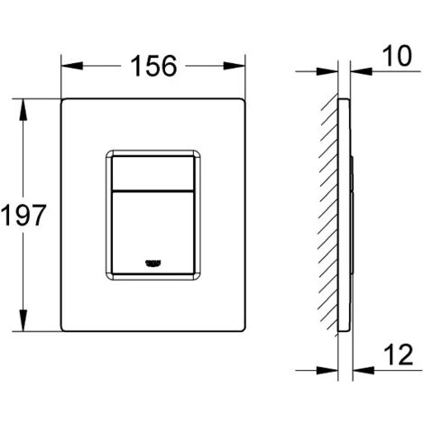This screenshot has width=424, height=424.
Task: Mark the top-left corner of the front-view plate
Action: [63, 98]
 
